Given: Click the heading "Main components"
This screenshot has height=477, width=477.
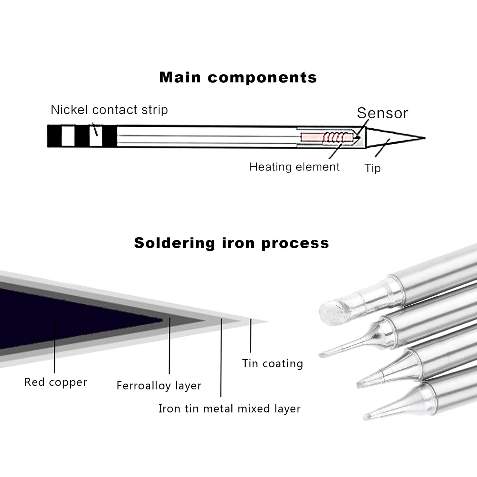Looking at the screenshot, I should pos(238,78).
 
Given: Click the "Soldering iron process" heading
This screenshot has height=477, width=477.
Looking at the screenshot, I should pos(231,243).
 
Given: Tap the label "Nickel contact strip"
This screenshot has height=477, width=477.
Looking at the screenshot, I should pos(109,110).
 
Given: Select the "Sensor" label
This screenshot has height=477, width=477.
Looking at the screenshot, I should pos(382,113).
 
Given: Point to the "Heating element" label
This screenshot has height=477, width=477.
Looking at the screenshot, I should pos(294,167).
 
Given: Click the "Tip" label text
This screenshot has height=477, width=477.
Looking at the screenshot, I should pos(372,168).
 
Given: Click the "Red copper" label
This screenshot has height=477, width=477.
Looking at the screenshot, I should pos(56,382).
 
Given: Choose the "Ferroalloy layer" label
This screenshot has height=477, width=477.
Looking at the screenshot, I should pos(159,386).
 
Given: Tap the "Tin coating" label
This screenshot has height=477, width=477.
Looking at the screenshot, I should pos(272,364).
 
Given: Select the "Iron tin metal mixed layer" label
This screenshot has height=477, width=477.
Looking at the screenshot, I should pos(229,408).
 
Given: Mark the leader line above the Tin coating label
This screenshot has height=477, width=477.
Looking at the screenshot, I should pos(251,335).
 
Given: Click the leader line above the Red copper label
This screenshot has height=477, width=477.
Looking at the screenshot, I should pos(55,346).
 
